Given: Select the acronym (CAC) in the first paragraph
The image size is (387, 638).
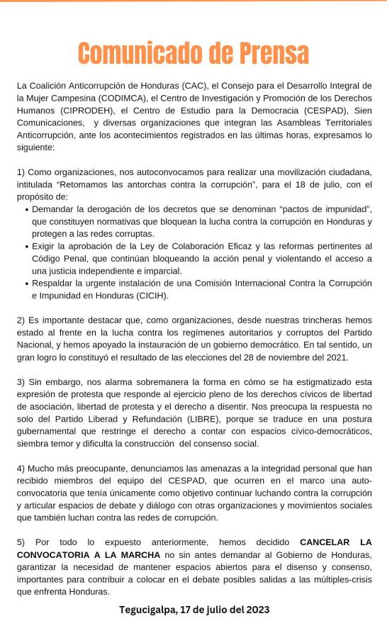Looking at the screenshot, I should click(x=192, y=86).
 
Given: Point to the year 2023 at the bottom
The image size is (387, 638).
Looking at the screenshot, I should click(x=256, y=610).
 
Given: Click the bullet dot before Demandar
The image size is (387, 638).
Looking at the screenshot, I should click(x=26, y=211).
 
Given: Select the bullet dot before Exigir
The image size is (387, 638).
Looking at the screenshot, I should click(x=26, y=247).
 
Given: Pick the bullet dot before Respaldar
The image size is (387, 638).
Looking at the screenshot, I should click(x=26, y=283).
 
